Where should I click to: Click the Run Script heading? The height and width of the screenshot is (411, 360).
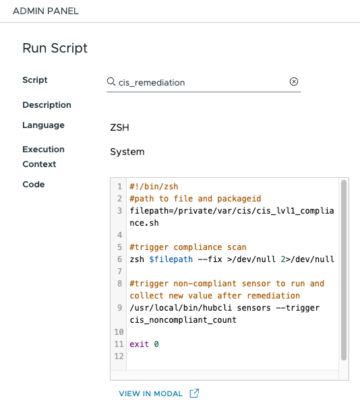click(55, 48)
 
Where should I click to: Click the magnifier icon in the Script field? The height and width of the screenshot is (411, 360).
click(111, 82)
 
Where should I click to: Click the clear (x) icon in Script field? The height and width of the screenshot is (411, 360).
click(293, 82)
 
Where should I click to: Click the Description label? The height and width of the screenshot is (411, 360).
click(47, 105)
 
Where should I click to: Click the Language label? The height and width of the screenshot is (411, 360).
click(43, 125)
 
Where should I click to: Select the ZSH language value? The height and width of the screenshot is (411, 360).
click(119, 127)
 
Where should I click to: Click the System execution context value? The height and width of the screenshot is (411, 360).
click(127, 152)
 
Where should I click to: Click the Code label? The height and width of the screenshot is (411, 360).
click(33, 184)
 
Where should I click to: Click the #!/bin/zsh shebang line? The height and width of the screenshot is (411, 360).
click(154, 187)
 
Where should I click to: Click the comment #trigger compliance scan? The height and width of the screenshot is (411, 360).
click(188, 247)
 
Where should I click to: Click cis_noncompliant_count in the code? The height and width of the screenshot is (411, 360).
click(183, 320)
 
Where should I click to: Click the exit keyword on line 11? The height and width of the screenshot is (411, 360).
click(139, 344)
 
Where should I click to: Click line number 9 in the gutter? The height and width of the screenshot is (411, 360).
click(120, 308)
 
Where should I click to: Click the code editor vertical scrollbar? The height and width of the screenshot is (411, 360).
click(344, 270)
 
